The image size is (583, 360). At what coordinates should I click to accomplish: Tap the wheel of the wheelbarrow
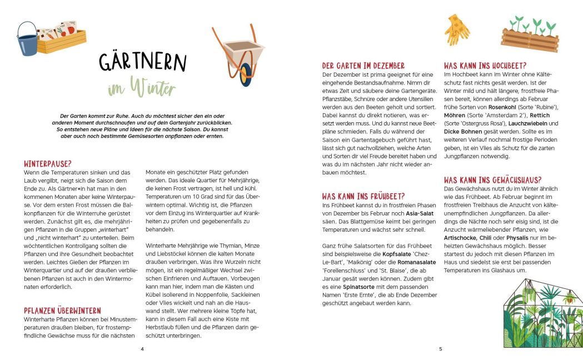tap(245, 73)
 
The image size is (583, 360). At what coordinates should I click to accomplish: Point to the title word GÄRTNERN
tap(143, 61)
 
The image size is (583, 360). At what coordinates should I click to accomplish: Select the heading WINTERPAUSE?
tap(48, 164)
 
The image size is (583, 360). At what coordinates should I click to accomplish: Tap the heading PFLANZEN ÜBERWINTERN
tap(62, 311)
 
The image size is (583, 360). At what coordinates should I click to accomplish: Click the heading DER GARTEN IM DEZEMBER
tap(363, 66)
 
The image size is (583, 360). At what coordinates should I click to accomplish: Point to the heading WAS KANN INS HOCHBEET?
tap(485, 66)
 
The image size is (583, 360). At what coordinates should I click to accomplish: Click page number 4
tap(142, 349)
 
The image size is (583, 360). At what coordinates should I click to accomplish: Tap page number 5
tap(440, 349)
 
